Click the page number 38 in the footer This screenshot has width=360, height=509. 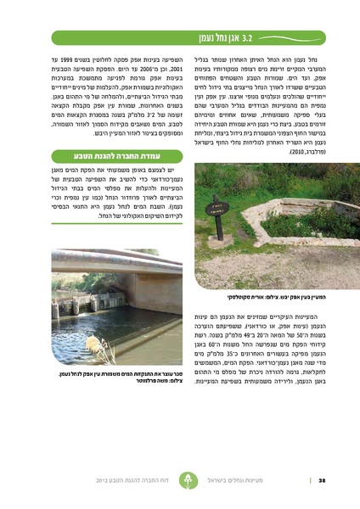[322, 480]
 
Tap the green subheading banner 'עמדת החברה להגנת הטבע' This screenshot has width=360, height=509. [116, 156]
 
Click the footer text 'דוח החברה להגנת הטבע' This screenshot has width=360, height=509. [154, 480]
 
